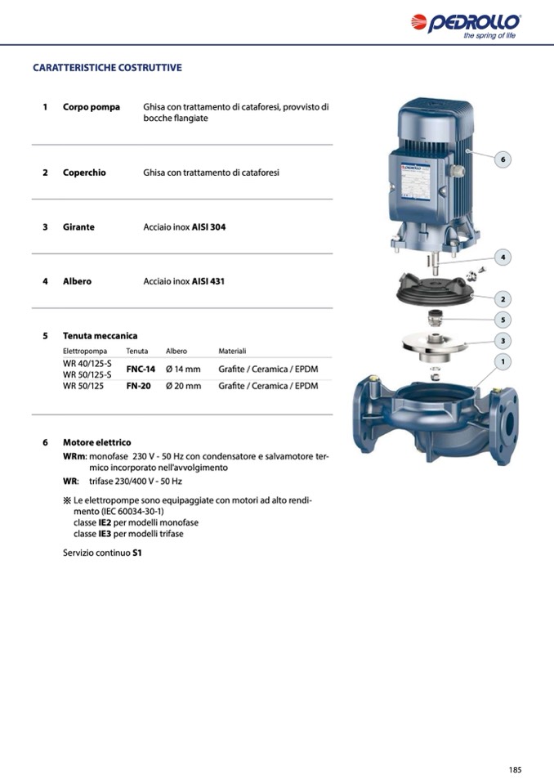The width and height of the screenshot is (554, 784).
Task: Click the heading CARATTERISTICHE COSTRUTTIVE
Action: (x=107, y=68)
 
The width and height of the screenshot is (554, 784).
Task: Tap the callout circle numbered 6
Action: (x=503, y=159)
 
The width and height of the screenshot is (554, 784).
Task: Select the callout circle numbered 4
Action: (x=503, y=258)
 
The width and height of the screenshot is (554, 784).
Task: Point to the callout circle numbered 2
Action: (x=503, y=299)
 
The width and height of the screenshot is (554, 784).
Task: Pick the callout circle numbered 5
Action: (x=503, y=320)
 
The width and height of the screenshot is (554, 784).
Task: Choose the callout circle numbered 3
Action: (x=503, y=340)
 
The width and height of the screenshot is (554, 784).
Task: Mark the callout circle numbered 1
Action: (x=503, y=361)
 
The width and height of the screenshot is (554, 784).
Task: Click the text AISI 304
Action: (x=208, y=227)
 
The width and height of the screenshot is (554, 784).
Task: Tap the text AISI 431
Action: (x=208, y=281)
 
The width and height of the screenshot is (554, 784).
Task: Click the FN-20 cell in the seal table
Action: (x=138, y=386)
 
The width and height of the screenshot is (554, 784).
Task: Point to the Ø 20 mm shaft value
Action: (x=183, y=386)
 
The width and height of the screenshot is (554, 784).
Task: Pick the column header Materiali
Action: (x=232, y=352)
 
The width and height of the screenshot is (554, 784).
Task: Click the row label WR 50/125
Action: (x=83, y=386)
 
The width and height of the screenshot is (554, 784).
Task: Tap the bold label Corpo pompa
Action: (x=92, y=107)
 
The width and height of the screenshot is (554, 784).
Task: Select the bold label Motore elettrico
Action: (x=96, y=442)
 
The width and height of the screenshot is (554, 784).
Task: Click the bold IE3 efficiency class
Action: (x=105, y=534)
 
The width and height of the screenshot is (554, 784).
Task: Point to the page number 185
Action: (x=515, y=769)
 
